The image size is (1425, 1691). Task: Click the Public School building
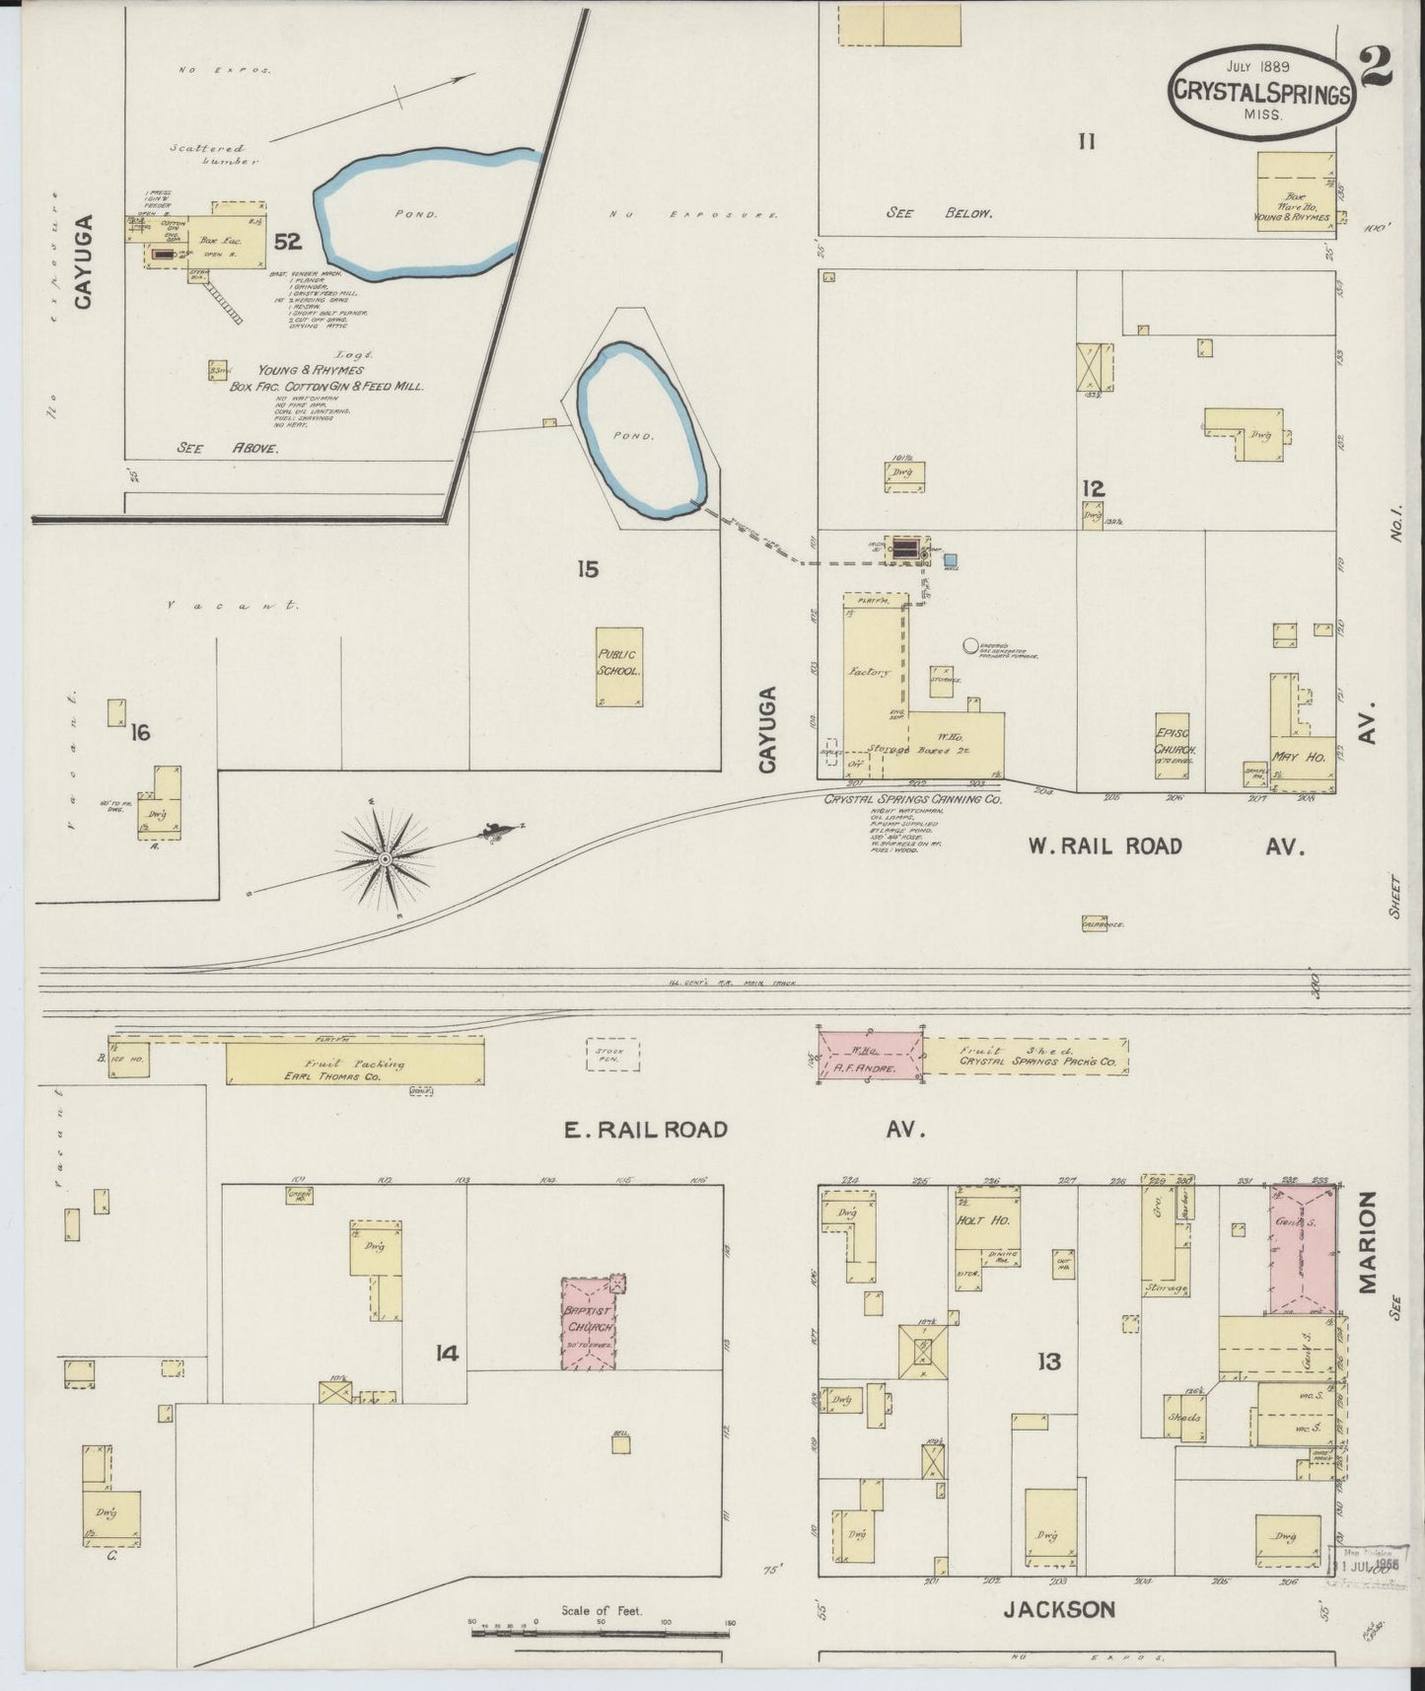pyautogui.click(x=619, y=667)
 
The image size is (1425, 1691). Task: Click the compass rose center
pyautogui.click(x=386, y=860)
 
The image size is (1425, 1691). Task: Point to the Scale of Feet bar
pyautogui.click(x=602, y=1635)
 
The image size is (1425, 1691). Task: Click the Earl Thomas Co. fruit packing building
pyautogui.click(x=355, y=1065)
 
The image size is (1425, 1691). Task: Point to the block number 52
pyautogui.click(x=288, y=241)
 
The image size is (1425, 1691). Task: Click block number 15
pyautogui.click(x=588, y=568)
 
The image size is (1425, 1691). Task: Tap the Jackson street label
pyautogui.click(x=1059, y=1609)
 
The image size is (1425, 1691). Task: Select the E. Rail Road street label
pyautogui.click(x=646, y=1130)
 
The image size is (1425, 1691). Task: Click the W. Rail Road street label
pyautogui.click(x=1104, y=846)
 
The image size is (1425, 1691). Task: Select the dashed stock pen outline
pyautogui.click(x=612, y=1054)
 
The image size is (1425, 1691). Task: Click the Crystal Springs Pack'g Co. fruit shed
pyautogui.click(x=1026, y=1056)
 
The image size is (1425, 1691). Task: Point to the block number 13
pyautogui.click(x=1047, y=1362)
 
